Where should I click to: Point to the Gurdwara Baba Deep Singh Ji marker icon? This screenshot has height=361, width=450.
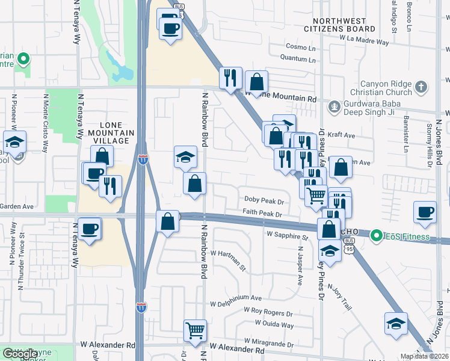[x=333, y=106]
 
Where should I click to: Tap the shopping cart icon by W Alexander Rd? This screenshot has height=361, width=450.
[x=195, y=330]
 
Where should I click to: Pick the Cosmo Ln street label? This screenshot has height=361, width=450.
[x=301, y=47]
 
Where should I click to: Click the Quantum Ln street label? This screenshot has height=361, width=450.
[x=299, y=59]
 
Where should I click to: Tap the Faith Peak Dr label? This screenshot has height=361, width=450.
[x=262, y=213]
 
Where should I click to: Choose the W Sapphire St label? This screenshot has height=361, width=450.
[x=288, y=238]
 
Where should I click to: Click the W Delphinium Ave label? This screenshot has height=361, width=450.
[x=236, y=298]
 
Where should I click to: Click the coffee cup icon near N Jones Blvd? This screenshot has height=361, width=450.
[x=425, y=212]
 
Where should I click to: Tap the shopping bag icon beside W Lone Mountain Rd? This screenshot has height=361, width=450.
[x=257, y=81]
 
